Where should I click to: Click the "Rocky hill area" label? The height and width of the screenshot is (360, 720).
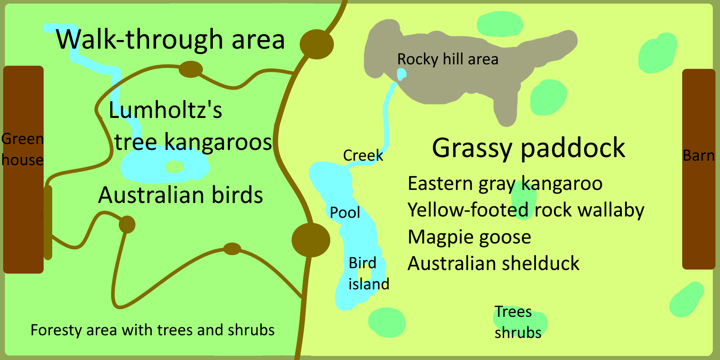[447, 59]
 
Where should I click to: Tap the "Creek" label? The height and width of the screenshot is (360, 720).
[363, 156]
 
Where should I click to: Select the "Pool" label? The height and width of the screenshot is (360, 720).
[345, 212]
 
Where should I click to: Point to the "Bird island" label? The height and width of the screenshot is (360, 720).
[369, 274]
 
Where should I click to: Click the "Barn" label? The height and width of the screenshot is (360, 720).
[698, 156]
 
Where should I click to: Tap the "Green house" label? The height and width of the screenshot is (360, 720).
[22, 149]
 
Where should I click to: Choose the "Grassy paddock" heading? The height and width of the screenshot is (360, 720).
[528, 148]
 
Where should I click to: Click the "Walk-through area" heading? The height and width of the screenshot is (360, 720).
[170, 40]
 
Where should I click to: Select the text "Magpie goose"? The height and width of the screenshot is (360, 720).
[469, 237]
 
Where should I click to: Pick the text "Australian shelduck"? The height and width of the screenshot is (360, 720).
[493, 264]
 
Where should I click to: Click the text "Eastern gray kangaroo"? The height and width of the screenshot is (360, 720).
[504, 184]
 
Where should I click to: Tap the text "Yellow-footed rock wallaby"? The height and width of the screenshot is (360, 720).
[526, 210]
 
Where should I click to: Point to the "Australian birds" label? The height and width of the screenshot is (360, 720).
[180, 195]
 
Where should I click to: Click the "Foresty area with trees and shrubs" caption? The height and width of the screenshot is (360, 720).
[152, 330]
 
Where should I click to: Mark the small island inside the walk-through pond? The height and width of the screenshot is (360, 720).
[175, 167]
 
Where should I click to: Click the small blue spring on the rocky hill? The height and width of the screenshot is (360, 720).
[401, 73]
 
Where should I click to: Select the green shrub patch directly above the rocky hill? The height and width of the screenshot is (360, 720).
[499, 24]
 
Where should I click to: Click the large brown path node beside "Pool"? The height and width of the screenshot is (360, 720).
[310, 240]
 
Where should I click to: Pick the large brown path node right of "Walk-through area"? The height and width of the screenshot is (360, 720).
[317, 44]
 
